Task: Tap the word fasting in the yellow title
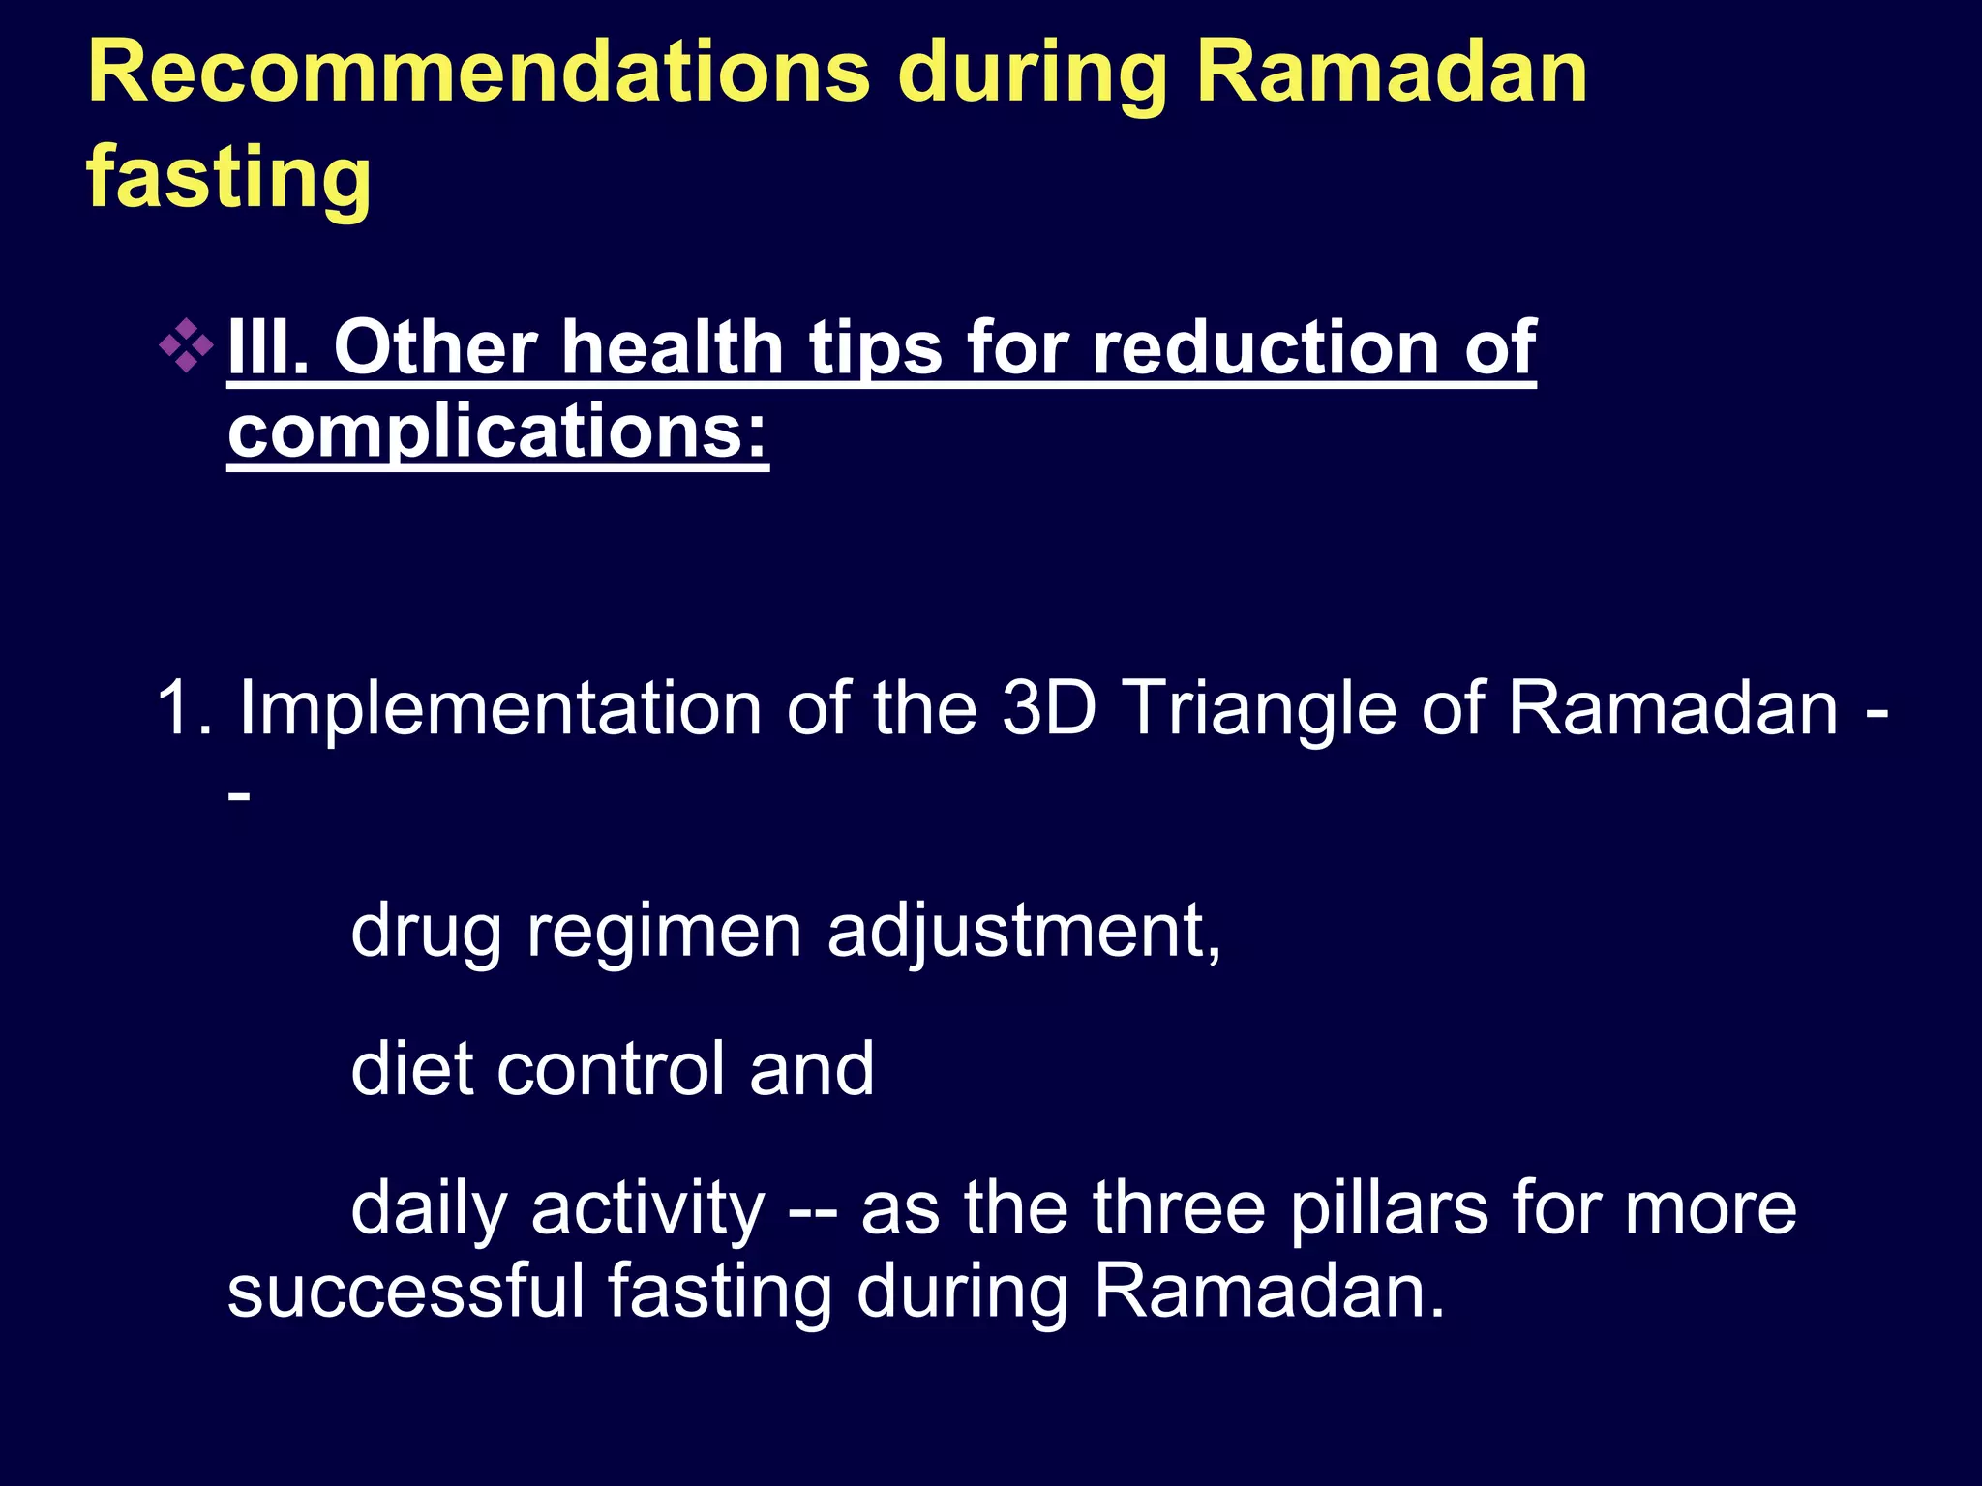pyautogui.click(x=228, y=177)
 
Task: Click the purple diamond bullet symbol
pyautogui.click(x=186, y=346)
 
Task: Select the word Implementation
pyautogui.click(x=499, y=708)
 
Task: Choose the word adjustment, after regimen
pyautogui.click(x=1024, y=931)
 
